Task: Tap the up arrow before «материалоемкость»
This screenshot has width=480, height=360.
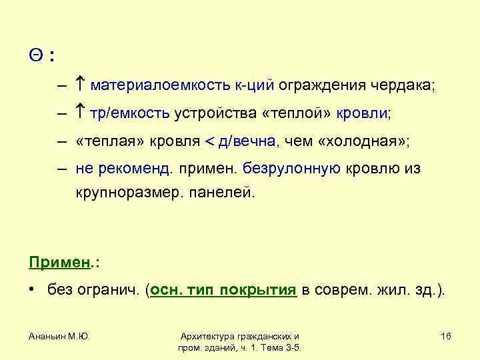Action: pos(79,85)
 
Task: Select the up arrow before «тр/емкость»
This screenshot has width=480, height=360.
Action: pos(79,113)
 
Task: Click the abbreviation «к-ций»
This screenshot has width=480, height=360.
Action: pos(254,86)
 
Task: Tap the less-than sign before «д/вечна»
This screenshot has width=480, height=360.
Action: pos(210,142)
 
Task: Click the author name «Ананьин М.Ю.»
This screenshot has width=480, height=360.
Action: pos(59,337)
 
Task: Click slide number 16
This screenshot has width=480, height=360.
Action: pos(446,337)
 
